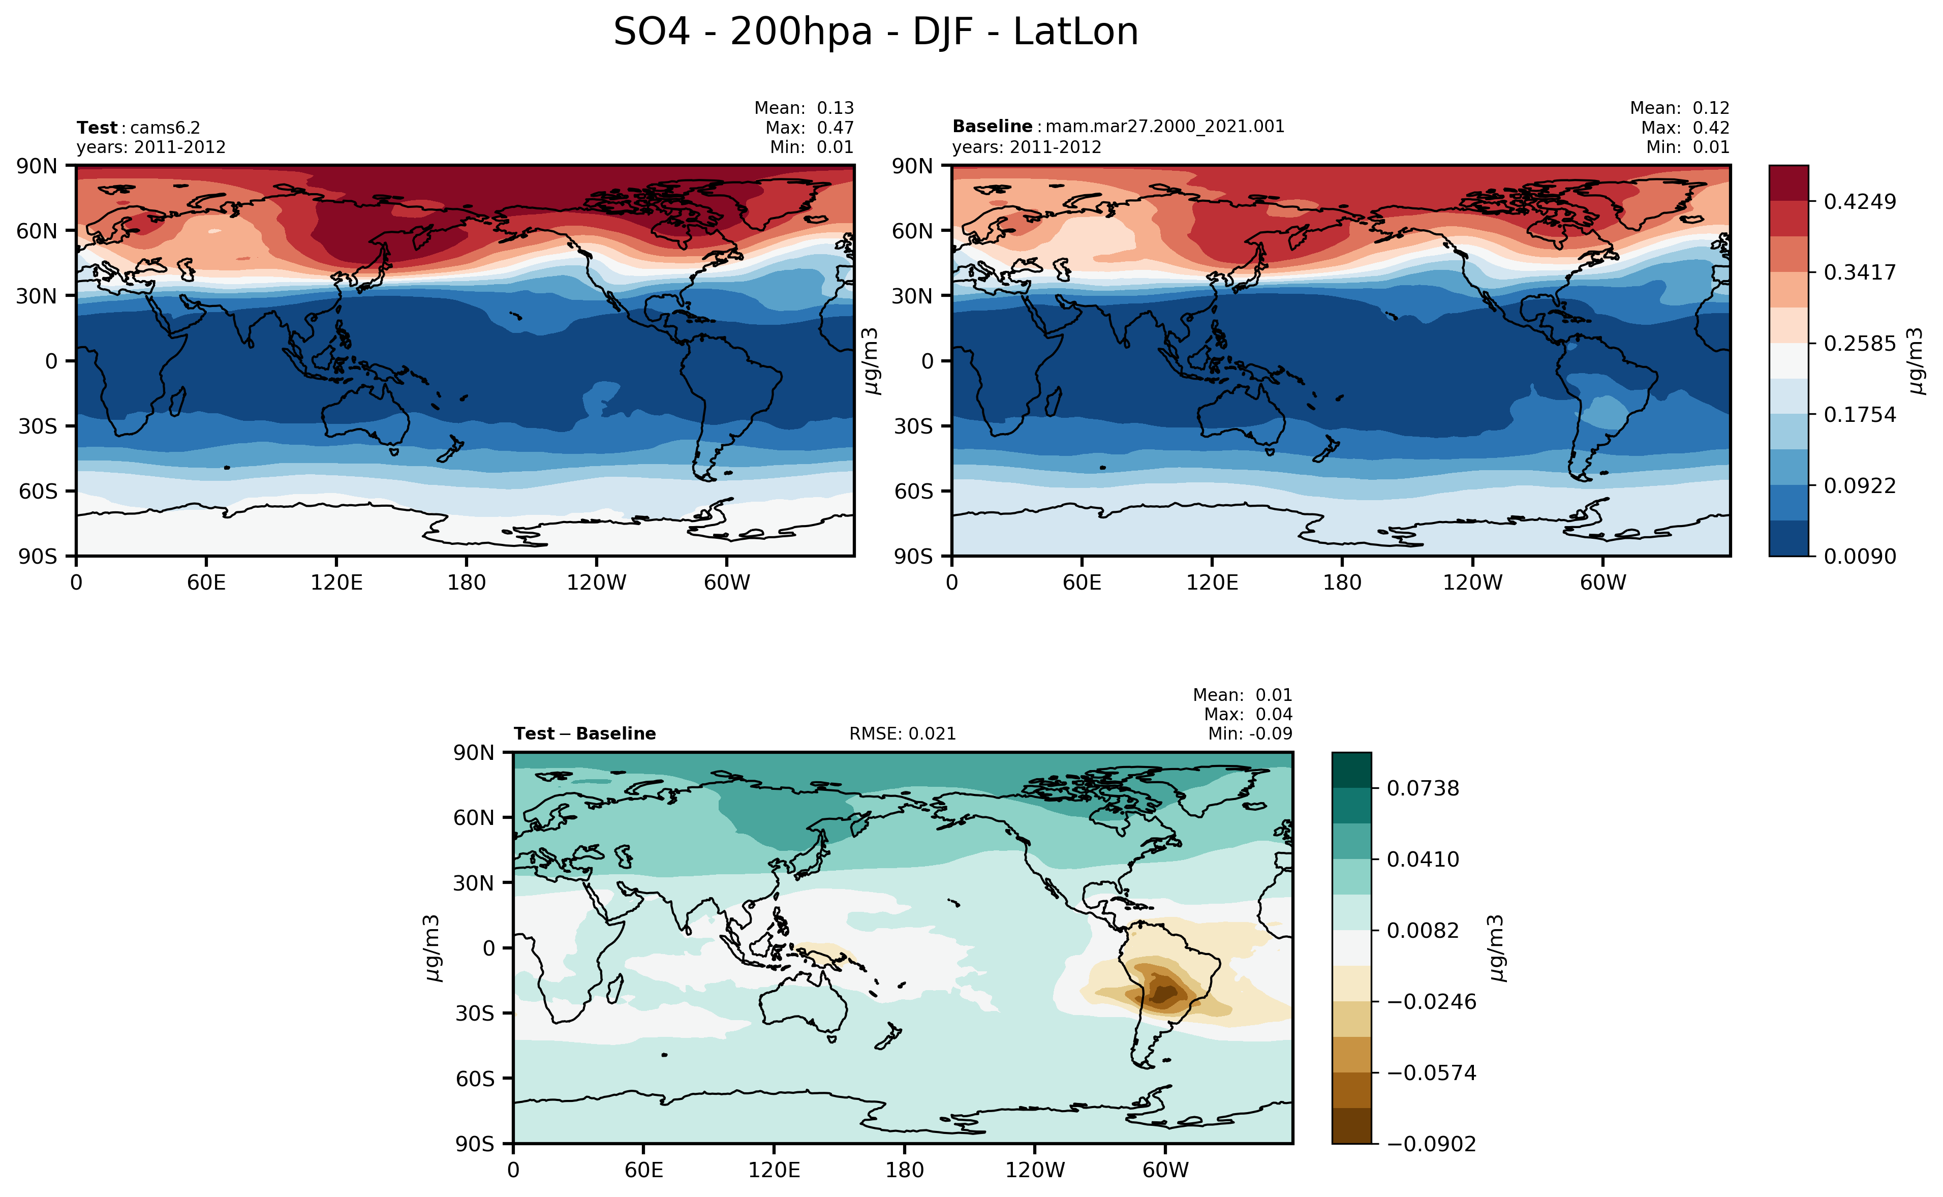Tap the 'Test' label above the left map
click(x=97, y=128)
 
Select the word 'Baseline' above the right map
click(x=992, y=127)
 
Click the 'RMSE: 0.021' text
click(x=902, y=734)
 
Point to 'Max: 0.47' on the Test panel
click(x=809, y=128)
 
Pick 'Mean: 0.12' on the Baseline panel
click(x=1679, y=108)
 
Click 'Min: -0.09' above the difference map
click(x=1250, y=734)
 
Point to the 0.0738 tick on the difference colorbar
click(x=1422, y=788)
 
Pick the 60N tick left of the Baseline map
click(x=912, y=231)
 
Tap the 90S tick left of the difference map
click(x=475, y=1144)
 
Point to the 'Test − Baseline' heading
click(x=584, y=734)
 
